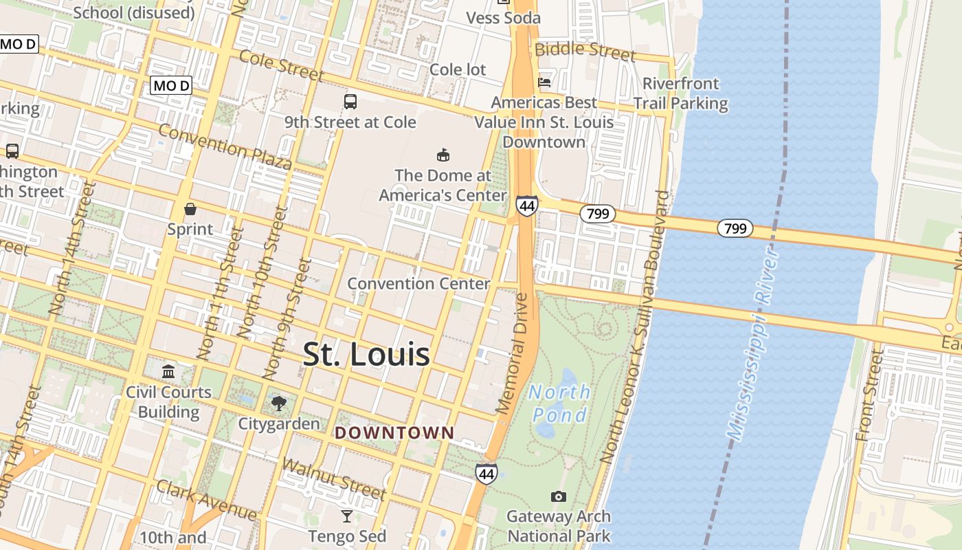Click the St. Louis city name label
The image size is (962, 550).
coord(366,355)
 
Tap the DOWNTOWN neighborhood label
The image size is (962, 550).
coord(394,432)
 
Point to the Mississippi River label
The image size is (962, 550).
coord(754,344)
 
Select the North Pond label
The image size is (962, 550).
coord(560,404)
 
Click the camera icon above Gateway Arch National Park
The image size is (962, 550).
coord(559,496)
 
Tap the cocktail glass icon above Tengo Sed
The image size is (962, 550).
coord(347,516)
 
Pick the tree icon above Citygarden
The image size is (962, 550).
coord(278,403)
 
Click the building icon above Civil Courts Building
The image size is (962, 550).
coord(168,372)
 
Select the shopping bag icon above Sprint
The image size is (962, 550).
coord(190,209)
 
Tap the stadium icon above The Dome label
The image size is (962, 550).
coord(443,155)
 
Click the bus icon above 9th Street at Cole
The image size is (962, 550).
coord(350,102)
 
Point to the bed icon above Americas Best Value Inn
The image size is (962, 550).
coord(545,82)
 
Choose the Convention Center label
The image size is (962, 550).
coord(418,283)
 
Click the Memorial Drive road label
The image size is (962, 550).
coord(514,353)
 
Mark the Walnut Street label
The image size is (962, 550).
coord(334,478)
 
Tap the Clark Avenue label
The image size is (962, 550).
coord(206,500)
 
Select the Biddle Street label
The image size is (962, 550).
coord(585,49)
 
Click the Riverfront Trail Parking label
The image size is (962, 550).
coord(680,93)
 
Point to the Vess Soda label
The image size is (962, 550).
coord(504,18)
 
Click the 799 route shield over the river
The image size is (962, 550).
coord(735,228)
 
